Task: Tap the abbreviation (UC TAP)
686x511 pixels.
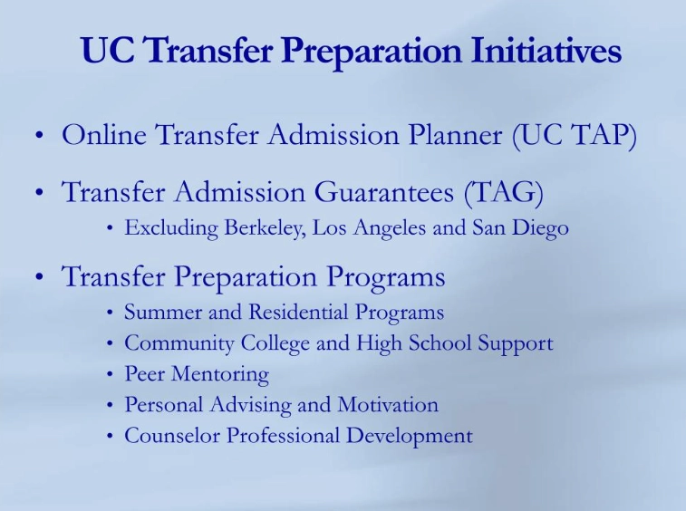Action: (x=575, y=136)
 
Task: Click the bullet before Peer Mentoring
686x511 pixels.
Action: (x=110, y=374)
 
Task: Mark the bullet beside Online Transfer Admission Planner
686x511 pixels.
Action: (x=39, y=138)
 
